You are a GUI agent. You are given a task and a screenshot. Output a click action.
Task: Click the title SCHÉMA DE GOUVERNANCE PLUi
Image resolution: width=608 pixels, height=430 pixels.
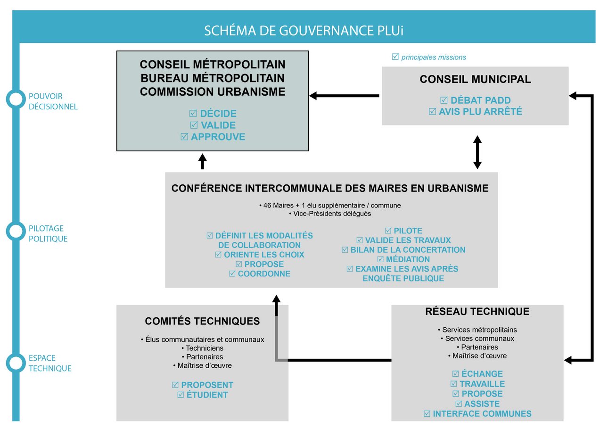click(x=304, y=31)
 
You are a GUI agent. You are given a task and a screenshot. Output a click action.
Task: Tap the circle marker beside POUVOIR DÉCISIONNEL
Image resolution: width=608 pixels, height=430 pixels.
click(x=16, y=99)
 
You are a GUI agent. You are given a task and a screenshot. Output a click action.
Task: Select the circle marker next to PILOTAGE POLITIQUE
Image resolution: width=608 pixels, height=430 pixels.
click(x=16, y=231)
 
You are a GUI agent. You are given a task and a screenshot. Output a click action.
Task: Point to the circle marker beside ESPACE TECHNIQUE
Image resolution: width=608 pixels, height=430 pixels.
click(x=16, y=363)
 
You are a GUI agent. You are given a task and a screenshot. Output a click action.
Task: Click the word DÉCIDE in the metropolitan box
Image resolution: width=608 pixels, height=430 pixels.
click(x=218, y=114)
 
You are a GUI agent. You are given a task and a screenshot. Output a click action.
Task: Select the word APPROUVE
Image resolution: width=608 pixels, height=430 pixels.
click(x=218, y=137)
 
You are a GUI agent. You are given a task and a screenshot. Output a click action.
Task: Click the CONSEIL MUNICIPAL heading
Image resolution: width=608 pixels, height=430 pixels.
click(x=475, y=80)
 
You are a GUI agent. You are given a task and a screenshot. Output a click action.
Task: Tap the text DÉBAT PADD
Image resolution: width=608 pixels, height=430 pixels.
click(x=480, y=100)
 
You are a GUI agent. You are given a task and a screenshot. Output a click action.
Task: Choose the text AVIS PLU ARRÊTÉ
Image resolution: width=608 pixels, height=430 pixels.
click(x=480, y=112)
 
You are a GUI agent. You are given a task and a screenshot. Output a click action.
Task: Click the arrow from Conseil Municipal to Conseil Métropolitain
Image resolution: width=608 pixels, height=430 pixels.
click(x=344, y=96)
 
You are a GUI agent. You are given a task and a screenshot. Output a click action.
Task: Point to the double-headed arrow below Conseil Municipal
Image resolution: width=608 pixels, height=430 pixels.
click(x=477, y=152)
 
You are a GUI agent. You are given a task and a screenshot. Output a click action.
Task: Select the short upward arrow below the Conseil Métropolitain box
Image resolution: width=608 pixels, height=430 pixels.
click(x=203, y=161)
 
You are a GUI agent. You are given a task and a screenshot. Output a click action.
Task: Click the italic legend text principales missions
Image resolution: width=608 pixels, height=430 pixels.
click(x=433, y=58)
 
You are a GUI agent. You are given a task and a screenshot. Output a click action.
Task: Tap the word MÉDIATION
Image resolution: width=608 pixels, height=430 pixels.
click(x=408, y=259)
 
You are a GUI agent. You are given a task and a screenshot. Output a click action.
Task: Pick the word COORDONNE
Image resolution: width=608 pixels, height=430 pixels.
click(x=263, y=274)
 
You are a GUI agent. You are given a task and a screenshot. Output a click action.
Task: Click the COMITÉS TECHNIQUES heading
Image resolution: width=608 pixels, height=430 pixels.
click(x=202, y=322)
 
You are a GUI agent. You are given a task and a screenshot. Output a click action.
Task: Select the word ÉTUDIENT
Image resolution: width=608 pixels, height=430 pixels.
click(x=207, y=395)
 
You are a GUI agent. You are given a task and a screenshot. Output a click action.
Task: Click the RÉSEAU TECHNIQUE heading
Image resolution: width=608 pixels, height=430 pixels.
click(x=477, y=312)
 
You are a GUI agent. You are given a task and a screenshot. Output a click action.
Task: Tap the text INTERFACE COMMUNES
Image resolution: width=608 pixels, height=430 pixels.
click(x=482, y=414)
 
